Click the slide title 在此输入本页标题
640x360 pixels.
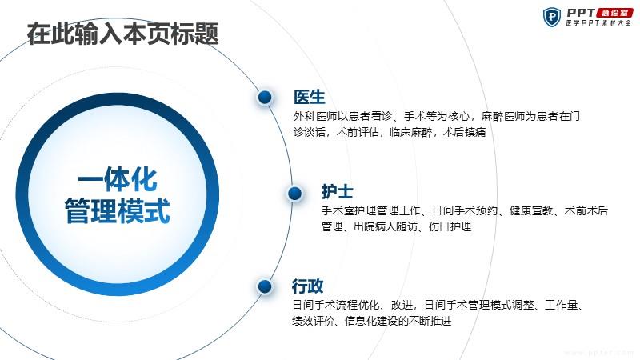point(122,34)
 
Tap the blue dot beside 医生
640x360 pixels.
point(265,97)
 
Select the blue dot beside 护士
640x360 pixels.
point(294,194)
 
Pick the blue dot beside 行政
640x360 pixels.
point(265,286)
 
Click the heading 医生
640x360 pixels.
point(310,97)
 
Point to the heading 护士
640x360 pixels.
point(337,191)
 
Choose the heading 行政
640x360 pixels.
point(307,286)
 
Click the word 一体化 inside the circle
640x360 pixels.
point(118,179)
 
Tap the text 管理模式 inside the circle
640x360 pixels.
point(118,211)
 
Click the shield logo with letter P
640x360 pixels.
point(552,17)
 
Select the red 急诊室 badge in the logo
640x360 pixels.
point(614,13)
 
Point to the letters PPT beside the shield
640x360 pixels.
point(581,13)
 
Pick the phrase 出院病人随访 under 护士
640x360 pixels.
point(386,226)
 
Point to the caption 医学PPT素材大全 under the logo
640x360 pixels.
point(598,23)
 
